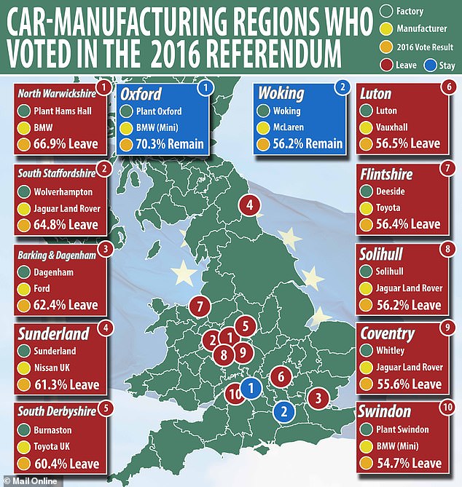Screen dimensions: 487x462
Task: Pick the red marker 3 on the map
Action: [318, 398]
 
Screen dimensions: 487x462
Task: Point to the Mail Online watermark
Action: [26, 479]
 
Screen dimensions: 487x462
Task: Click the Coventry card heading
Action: [387, 335]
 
